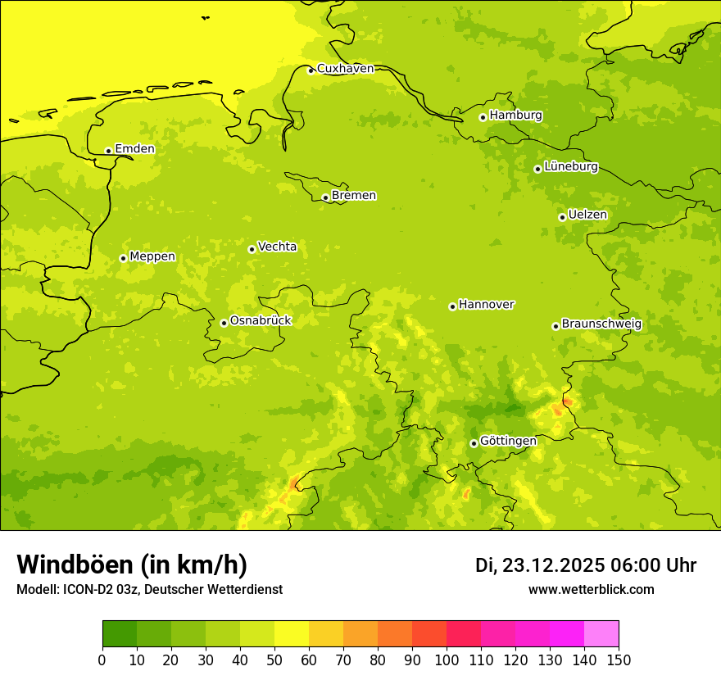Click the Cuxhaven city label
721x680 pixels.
click(345, 69)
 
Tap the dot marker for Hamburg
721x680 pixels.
click(483, 117)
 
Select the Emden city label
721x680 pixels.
click(134, 149)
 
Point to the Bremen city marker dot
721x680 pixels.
click(325, 197)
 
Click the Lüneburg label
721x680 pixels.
click(571, 167)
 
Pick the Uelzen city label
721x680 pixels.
click(587, 215)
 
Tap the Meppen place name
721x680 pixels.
click(152, 256)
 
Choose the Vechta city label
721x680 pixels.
click(277, 247)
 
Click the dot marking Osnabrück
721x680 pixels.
click(224, 323)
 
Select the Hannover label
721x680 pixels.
click(486, 305)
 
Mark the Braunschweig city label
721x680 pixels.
click(601, 324)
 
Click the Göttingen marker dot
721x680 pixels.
click(474, 443)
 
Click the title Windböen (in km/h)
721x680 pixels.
click(132, 564)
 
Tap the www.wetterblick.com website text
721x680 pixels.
click(591, 590)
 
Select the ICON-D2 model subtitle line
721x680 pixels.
click(149, 590)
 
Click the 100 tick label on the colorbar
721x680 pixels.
click(447, 660)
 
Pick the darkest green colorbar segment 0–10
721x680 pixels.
click(120, 633)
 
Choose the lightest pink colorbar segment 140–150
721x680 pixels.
click(601, 633)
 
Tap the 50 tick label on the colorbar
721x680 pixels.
click(274, 660)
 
